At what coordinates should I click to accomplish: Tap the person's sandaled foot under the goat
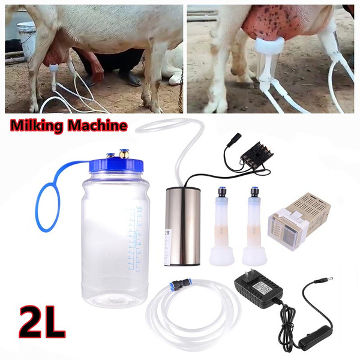click(131, 79)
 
